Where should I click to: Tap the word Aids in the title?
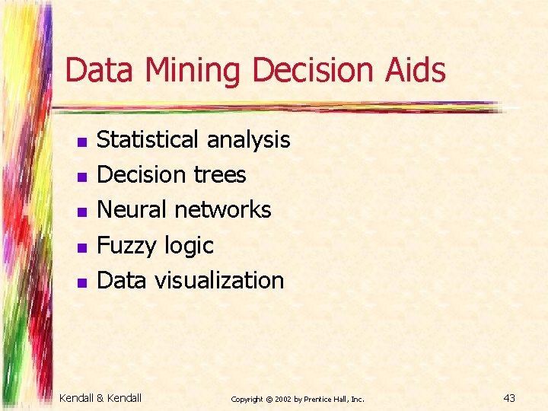(420, 71)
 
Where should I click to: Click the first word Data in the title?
(100, 71)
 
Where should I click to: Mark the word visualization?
(219, 280)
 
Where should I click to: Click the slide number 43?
(510, 397)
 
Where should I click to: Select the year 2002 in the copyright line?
(283, 399)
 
